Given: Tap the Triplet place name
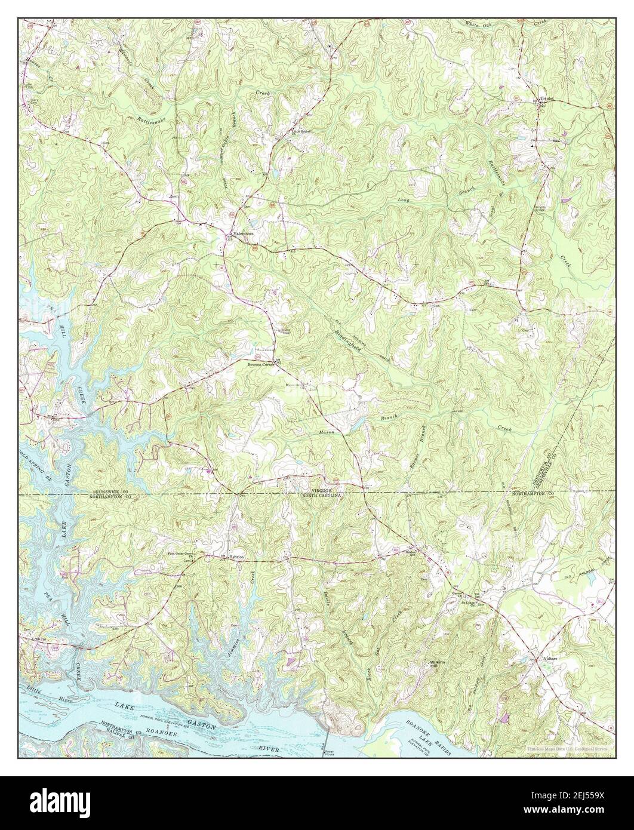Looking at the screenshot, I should pyautogui.click(x=547, y=99).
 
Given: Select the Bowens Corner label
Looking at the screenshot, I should pyautogui.click(x=260, y=364).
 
